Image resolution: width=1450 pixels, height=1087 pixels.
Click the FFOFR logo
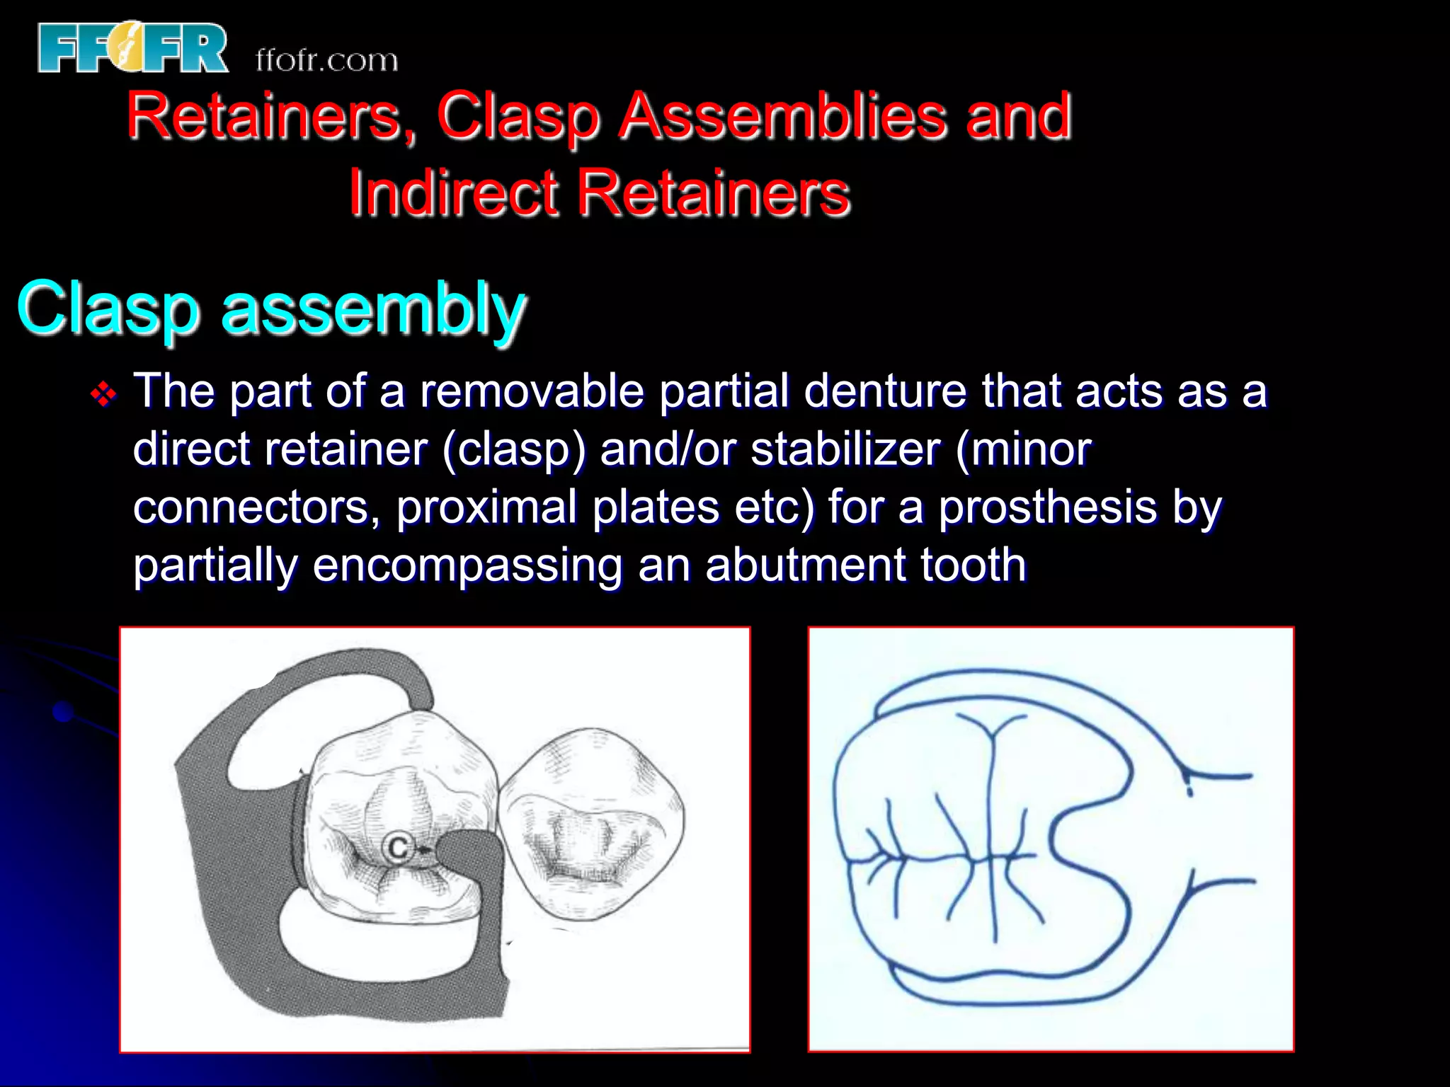click(x=133, y=48)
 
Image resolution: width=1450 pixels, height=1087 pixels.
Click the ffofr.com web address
click(x=326, y=61)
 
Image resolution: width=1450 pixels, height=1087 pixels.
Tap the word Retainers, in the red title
click(x=271, y=116)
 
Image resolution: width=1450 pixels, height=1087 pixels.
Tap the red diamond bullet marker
click(x=104, y=394)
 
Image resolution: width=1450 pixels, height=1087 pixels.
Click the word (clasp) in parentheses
click(x=514, y=449)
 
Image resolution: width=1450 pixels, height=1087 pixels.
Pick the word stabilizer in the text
click(x=845, y=449)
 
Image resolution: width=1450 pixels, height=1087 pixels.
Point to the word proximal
click(x=486, y=507)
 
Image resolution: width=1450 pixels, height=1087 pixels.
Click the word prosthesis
click(x=1047, y=507)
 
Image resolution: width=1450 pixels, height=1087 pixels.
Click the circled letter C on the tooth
click(x=398, y=848)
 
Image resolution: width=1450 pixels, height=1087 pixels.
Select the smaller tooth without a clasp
click(x=591, y=824)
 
